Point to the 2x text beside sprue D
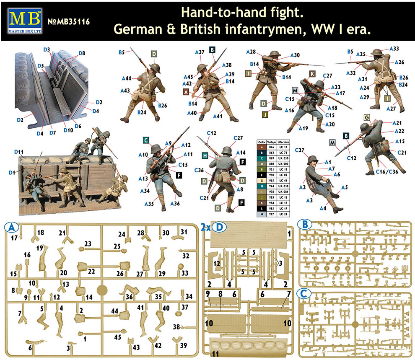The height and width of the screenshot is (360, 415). (205, 227)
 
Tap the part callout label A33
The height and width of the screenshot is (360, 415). (395, 49)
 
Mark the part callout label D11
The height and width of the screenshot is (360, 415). (19, 151)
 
